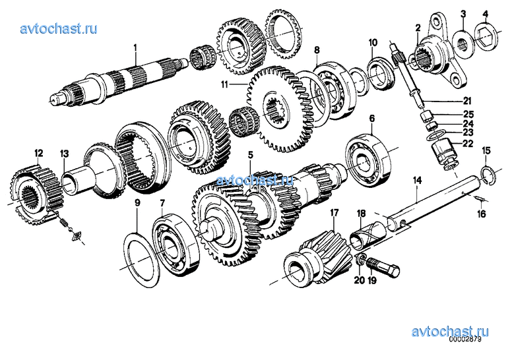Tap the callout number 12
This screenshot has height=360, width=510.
point(38,152)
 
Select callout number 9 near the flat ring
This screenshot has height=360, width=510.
point(138,203)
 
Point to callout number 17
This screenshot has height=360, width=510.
point(334,212)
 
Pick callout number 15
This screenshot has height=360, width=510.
point(486,151)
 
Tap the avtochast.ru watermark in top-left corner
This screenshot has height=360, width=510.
point(59,29)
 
